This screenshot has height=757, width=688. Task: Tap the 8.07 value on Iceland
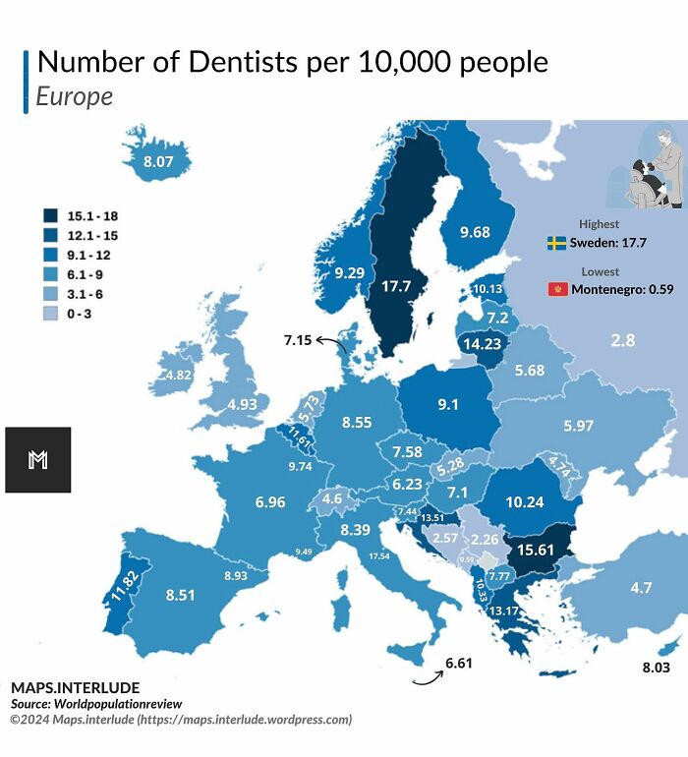click(158, 160)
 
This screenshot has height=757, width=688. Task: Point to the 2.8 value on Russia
click(622, 340)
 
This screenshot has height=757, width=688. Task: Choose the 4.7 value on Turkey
click(641, 588)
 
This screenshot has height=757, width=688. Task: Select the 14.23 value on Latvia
click(482, 344)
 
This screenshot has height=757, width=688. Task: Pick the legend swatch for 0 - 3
click(50, 315)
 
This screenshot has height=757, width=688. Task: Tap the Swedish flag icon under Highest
click(556, 242)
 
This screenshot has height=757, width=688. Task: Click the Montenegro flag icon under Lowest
click(557, 289)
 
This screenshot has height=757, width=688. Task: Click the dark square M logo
click(38, 459)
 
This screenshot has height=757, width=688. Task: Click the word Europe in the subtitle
click(74, 96)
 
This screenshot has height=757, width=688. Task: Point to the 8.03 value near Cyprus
click(655, 668)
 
